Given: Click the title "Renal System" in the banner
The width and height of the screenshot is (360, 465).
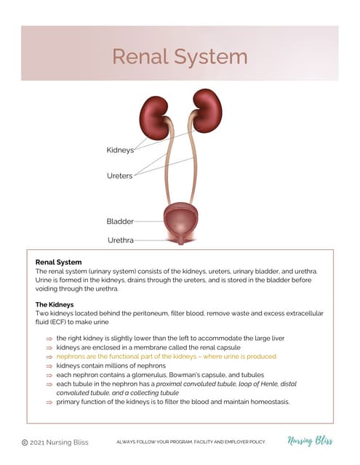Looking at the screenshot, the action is tap(180, 56).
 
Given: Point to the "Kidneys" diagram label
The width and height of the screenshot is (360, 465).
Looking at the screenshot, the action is tap(120, 150).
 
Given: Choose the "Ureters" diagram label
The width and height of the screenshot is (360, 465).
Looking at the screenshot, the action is tap(119, 176).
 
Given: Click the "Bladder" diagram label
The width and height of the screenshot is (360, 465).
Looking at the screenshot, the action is tap(120, 221).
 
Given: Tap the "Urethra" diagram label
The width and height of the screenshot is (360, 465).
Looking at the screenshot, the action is tap(120, 239).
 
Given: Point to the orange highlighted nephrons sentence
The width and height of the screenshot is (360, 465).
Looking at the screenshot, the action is tap(167, 357).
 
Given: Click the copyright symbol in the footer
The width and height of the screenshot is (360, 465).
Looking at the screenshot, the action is tap(25, 442).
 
